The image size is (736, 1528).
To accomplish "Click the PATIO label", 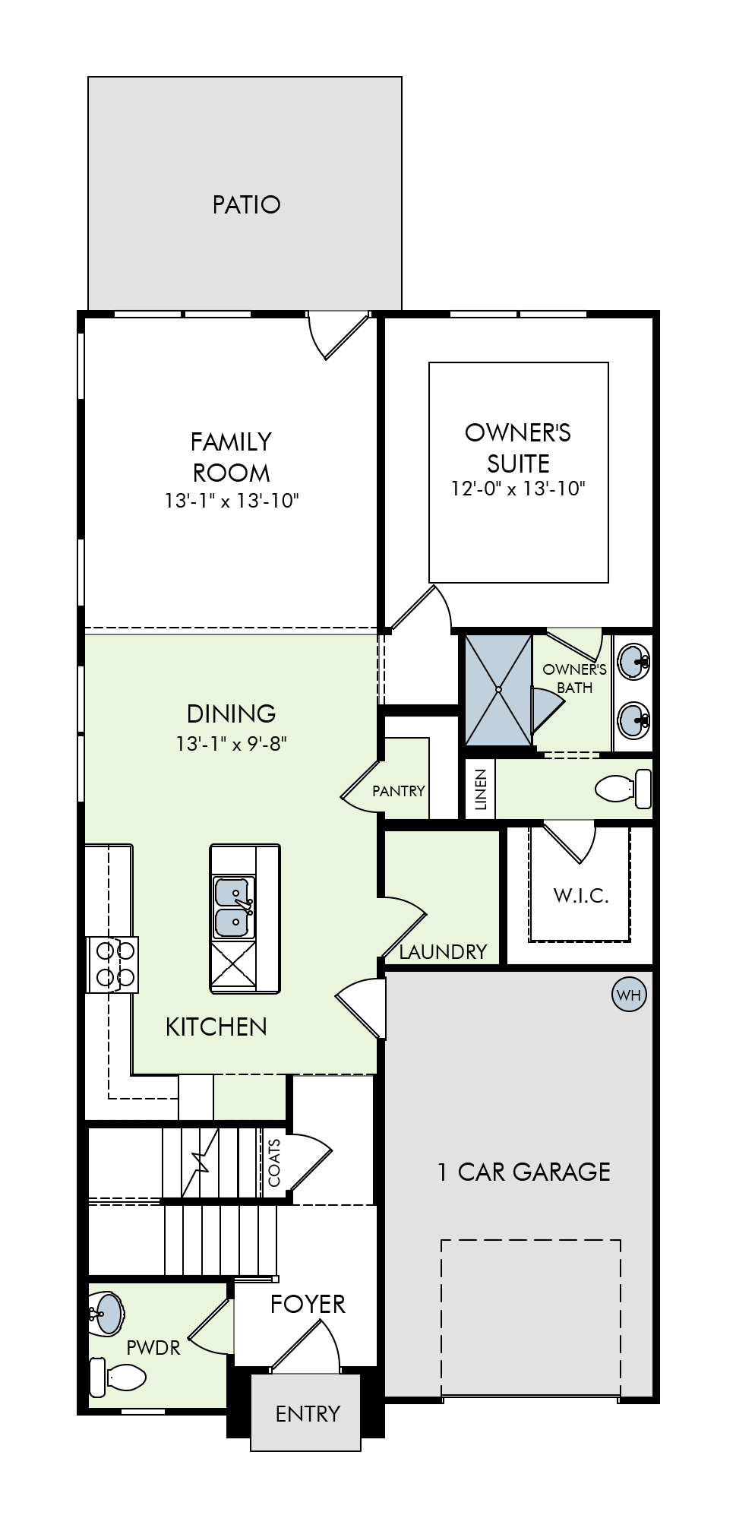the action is [246, 204].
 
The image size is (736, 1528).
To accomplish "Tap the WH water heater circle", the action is [629, 995].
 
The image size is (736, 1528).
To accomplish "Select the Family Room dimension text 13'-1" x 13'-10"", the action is [232, 501].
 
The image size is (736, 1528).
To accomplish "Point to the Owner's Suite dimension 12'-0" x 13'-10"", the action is [518, 488].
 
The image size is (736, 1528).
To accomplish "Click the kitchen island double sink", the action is [234, 907].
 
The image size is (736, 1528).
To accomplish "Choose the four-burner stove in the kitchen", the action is [113, 964].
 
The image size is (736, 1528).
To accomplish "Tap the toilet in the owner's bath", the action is [624, 789].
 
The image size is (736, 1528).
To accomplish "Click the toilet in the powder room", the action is [118, 1376].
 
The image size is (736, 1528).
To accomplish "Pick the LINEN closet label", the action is [480, 790].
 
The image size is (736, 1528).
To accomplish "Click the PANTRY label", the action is [398, 791].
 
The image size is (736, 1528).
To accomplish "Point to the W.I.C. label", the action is [581, 895].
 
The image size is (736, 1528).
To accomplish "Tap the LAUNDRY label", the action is [443, 951].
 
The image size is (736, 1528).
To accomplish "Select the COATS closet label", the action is [274, 1163].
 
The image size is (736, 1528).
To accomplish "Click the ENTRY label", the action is [308, 1414].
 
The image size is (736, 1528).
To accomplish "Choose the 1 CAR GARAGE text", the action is [523, 1172].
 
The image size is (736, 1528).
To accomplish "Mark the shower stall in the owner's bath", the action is [498, 689].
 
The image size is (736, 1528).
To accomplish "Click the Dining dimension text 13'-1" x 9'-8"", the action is [232, 743].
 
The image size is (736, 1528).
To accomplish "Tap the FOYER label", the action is [308, 1304].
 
